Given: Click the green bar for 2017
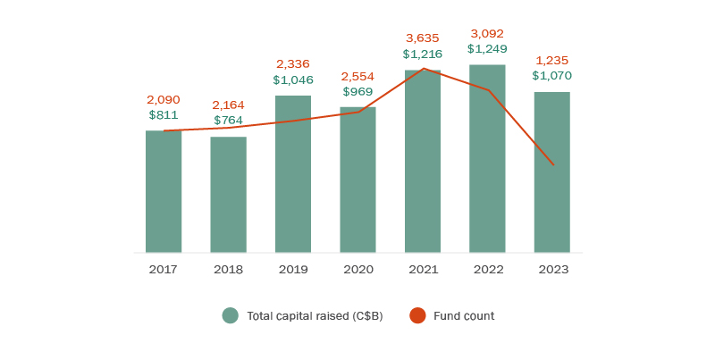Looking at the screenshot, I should point(164,192).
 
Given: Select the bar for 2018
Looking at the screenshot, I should point(228,195).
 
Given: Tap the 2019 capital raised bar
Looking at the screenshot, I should point(293,174).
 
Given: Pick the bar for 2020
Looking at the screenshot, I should point(357,180).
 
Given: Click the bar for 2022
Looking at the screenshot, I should point(487,159).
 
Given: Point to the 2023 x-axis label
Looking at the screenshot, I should point(551,269).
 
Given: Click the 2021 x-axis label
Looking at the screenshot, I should point(422,269).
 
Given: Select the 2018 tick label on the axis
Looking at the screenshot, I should point(228,269).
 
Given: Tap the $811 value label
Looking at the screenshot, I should point(164,115).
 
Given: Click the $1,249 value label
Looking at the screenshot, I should point(487,48).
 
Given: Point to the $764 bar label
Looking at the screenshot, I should point(228,121).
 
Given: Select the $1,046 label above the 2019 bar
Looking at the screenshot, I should point(293,80).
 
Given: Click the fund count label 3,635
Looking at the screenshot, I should point(422,38).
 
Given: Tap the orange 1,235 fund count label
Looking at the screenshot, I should point(551,61).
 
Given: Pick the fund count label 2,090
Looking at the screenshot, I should point(164,100).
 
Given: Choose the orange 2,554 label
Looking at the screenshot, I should point(357,76).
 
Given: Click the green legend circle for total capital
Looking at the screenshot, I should point(231,315).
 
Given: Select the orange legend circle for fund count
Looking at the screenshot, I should point(417,315).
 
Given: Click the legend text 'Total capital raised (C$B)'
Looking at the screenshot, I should point(315,315).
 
